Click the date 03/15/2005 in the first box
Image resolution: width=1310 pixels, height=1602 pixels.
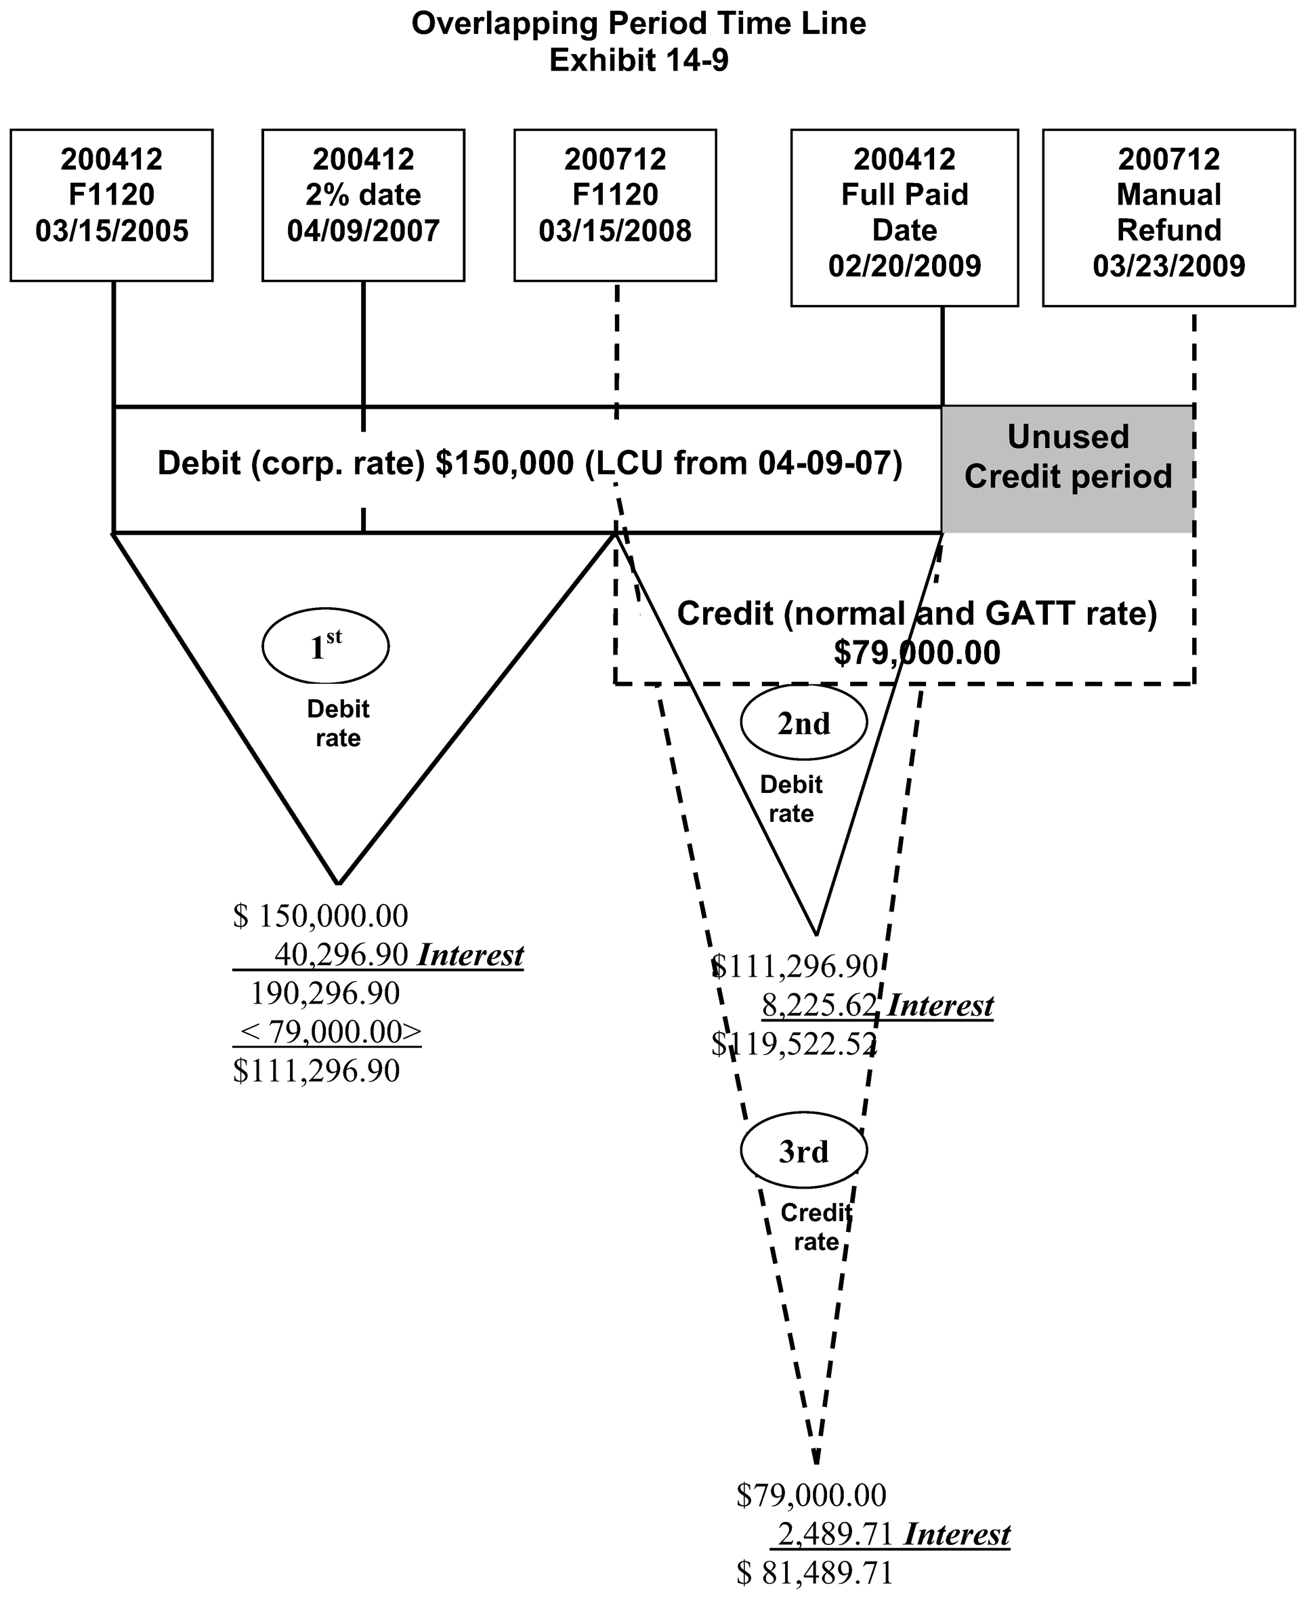112,231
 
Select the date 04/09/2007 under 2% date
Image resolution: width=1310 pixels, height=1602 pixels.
363,231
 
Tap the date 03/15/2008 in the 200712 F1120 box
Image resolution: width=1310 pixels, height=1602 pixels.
615,231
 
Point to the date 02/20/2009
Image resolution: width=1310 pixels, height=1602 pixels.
904,266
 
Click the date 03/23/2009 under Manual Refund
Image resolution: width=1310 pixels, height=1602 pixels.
1168,266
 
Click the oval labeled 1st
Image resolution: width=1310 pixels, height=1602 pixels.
325,647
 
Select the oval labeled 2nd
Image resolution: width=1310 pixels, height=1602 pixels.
803,723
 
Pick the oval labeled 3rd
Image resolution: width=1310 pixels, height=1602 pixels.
803,1151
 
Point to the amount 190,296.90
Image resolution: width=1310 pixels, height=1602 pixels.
324,993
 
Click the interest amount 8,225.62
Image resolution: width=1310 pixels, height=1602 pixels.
820,1006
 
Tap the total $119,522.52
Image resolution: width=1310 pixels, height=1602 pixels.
794,1044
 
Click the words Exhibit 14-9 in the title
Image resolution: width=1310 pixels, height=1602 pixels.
638,60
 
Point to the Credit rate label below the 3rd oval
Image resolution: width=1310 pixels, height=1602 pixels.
816,1227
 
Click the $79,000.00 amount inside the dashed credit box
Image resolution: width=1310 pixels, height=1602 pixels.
917,653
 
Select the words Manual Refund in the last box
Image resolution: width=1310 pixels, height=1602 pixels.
1168,212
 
